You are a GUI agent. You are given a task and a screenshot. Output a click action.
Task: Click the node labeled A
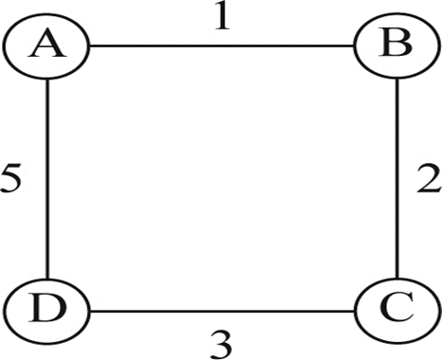47,46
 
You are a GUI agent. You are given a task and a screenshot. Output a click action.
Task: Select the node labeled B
397,46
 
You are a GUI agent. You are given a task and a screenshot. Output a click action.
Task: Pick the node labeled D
47,311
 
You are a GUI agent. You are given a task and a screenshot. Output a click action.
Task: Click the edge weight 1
222,15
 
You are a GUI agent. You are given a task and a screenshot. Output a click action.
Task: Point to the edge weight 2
428,179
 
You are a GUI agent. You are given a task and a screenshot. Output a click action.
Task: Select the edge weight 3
221,345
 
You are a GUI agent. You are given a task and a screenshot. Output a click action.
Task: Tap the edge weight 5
10,178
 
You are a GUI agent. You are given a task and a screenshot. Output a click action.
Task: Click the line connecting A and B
222,46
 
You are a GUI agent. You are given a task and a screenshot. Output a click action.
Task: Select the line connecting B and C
397,179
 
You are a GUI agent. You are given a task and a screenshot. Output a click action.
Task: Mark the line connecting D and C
222,312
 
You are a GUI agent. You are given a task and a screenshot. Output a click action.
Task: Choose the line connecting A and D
47,179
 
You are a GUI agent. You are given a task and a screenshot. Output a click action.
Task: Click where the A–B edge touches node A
91,46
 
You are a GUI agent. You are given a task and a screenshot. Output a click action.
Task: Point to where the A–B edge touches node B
353,46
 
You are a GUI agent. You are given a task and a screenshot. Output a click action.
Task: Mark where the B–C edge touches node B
397,80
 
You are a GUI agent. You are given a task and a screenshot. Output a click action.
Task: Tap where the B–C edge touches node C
397,279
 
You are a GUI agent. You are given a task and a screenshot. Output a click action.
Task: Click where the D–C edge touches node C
353,312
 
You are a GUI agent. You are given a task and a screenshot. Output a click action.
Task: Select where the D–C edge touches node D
91,312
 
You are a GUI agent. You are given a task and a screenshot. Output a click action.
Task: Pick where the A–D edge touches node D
47,279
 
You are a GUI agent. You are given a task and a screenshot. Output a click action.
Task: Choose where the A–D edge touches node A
47,80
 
